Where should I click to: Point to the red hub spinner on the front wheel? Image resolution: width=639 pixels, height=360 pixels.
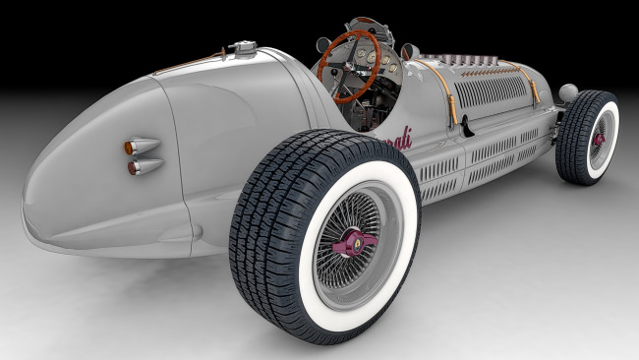(x=597, y=140)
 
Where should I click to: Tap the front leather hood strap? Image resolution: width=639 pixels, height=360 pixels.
(x=535, y=88)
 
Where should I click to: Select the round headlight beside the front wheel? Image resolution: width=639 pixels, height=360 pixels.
(x=568, y=93)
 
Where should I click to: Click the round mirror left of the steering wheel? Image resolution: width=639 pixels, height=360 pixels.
(x=322, y=43)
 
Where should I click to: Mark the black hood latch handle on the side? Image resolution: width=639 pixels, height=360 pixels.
(x=466, y=125)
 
